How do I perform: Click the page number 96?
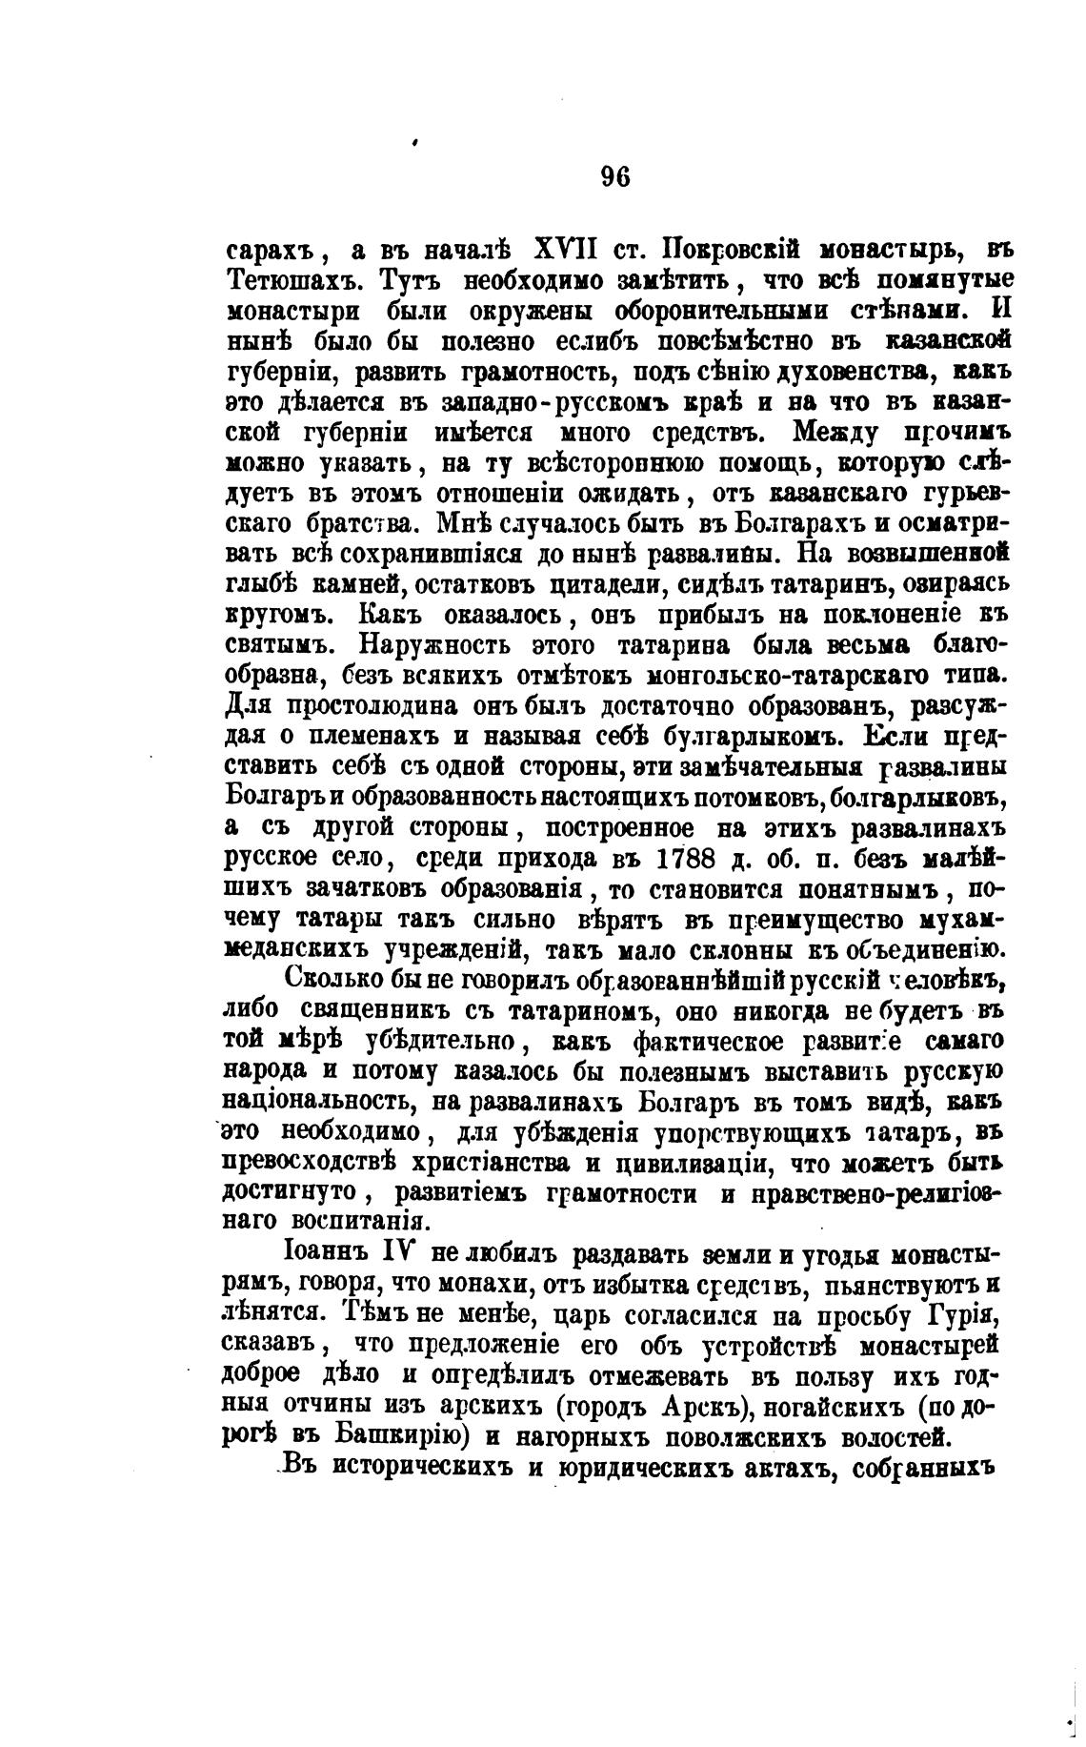pyautogui.click(x=615, y=178)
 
